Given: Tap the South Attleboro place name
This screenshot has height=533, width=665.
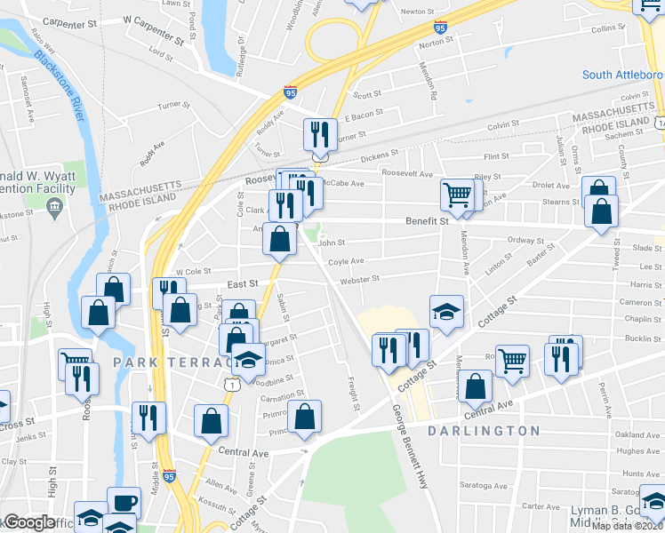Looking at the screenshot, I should (622, 75).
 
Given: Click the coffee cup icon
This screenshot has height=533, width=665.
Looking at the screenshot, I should (124, 502).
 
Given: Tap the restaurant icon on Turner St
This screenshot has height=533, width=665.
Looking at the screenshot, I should (320, 134).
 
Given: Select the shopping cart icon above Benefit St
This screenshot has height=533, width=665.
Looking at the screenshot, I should (457, 195).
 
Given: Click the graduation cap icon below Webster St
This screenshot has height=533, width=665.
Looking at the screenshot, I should (447, 311).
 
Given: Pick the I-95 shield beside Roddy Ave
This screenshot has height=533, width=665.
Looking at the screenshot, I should (290, 91).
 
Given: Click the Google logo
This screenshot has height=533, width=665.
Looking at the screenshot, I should (28, 522).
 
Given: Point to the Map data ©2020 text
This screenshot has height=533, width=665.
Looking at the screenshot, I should (628, 526).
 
